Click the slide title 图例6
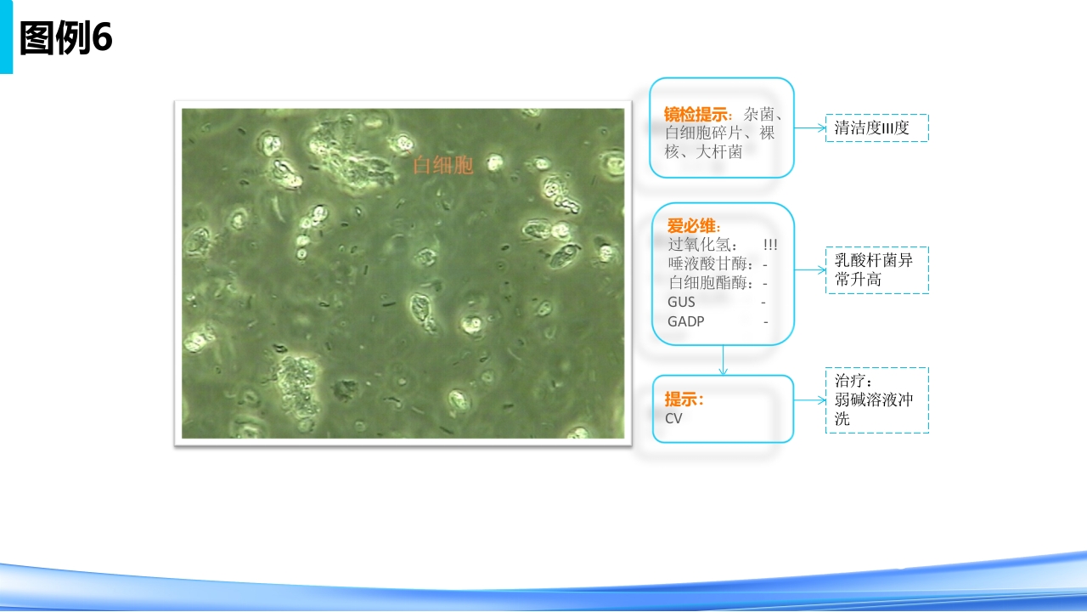[x=65, y=38]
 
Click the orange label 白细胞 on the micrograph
[x=442, y=166]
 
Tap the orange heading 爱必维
[x=693, y=226]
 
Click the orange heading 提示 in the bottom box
[x=683, y=399]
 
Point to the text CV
[x=673, y=418]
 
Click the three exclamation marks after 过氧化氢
[x=770, y=245]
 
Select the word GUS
[x=681, y=302]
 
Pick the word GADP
[x=685, y=321]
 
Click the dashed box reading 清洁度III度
[x=876, y=128]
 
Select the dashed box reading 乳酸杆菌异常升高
[x=876, y=270]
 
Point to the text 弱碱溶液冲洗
[x=873, y=409]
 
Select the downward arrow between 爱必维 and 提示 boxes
[x=723, y=360]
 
